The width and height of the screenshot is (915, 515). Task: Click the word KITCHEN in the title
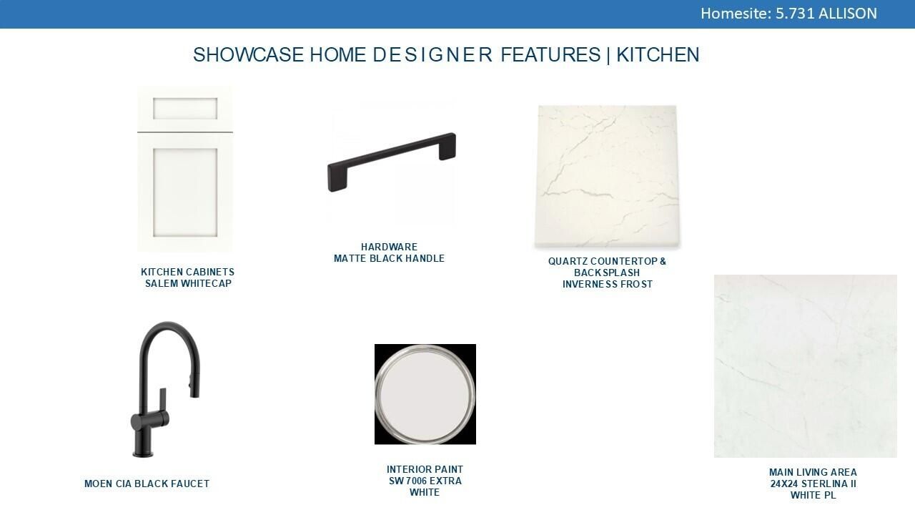[x=658, y=55]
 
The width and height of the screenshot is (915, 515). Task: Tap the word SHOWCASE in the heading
[x=248, y=55]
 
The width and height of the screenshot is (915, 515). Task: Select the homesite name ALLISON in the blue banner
[x=848, y=14]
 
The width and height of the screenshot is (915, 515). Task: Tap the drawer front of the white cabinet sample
[x=185, y=109]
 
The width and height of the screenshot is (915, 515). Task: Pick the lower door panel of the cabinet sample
[x=185, y=192]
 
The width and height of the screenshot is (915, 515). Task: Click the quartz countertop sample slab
[x=607, y=177]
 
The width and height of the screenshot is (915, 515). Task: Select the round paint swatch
[x=425, y=394]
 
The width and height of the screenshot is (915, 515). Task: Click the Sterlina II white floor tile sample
[x=806, y=366]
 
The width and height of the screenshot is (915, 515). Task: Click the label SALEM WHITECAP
[x=188, y=284]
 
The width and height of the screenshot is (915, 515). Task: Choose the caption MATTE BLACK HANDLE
[x=390, y=259]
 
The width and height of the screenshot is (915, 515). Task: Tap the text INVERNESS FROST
[x=608, y=285]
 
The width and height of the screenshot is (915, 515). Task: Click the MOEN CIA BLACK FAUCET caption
[x=147, y=484]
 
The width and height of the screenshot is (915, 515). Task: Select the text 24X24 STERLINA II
[x=813, y=484]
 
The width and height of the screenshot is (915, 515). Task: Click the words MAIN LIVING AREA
[x=813, y=473]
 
